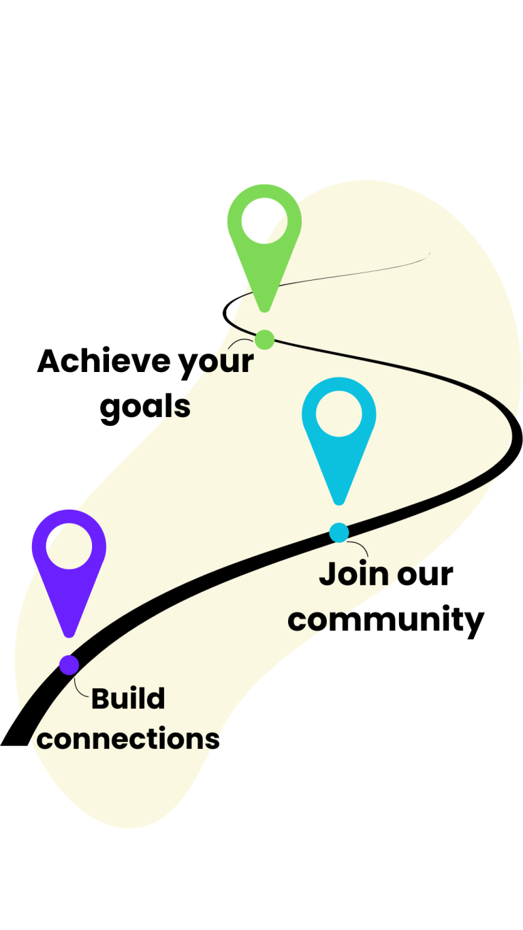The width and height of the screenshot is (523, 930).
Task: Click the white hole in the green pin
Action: point(264,221)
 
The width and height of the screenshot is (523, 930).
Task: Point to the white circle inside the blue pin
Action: point(338,414)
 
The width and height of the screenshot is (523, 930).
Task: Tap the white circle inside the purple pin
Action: point(69,546)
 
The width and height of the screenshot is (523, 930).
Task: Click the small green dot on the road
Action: point(264,339)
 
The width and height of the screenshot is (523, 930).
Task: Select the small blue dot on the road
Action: point(338,533)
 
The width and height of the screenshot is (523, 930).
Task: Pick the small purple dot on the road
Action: point(69,665)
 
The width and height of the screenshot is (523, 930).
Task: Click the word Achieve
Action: point(104,361)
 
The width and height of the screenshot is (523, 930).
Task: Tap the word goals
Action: point(145,407)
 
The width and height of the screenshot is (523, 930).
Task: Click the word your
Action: point(217,365)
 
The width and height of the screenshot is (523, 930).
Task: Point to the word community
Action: point(386,621)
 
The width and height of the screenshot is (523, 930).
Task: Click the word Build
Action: point(128,699)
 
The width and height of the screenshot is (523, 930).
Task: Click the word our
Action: point(425,576)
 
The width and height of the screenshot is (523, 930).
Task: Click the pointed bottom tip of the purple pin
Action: point(69,636)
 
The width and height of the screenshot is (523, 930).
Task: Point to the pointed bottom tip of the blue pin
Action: point(338,503)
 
